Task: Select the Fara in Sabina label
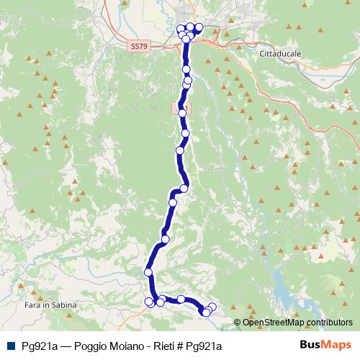click(45, 306)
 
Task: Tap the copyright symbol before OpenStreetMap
click(238, 322)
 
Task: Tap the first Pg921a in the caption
click(40, 346)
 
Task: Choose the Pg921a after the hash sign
click(203, 346)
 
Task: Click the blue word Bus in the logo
click(310, 346)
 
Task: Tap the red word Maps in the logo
click(336, 346)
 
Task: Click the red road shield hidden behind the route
click(178, 107)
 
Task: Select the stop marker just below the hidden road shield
click(182, 113)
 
